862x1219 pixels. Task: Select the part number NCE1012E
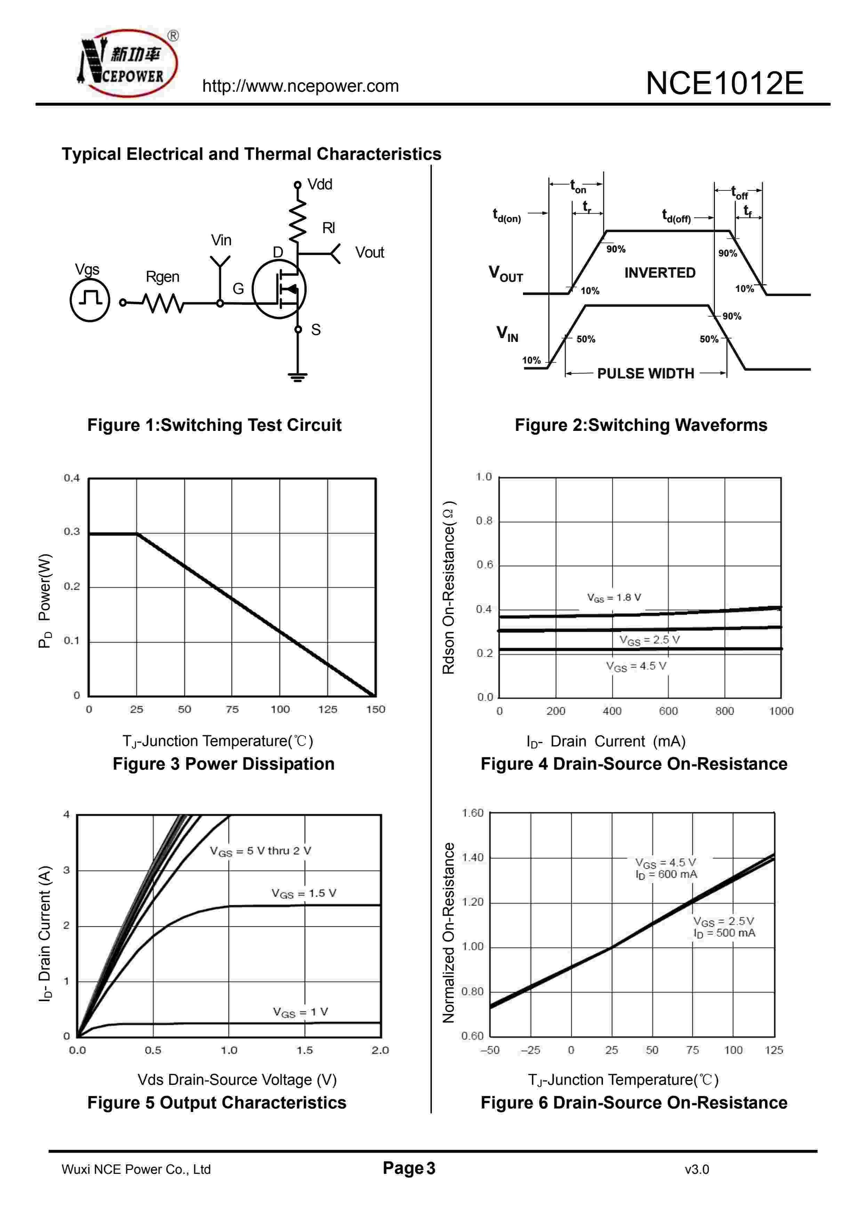724,83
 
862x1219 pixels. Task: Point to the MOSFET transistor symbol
279,289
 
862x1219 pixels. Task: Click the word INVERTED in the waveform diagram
660,273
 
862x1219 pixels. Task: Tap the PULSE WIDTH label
645,374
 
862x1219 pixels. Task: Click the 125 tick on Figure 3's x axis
328,709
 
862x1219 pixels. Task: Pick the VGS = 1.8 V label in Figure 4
614,598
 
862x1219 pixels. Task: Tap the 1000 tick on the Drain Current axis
781,711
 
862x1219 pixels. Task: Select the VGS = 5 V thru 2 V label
260,851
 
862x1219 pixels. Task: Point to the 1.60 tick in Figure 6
472,813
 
